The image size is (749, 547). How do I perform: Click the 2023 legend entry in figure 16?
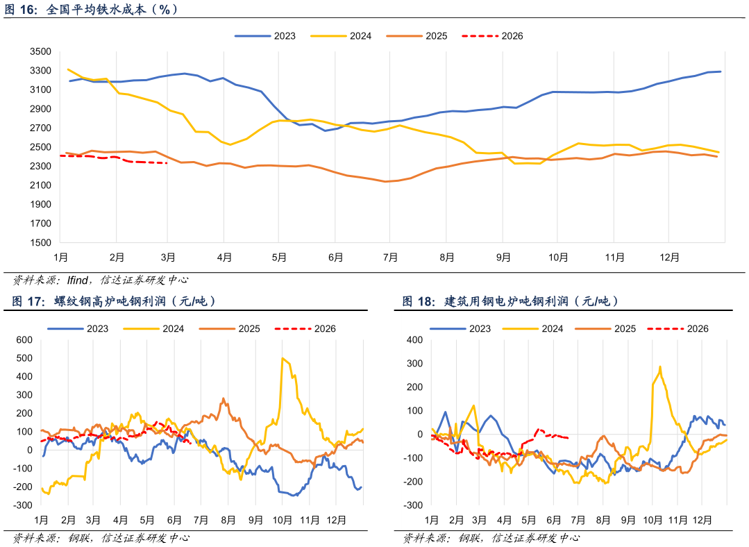click(265, 36)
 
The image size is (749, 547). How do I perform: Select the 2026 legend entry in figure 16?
click(492, 36)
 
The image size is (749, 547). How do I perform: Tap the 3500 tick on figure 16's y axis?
click(40, 51)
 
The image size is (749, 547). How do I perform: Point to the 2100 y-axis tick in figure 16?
click(40, 185)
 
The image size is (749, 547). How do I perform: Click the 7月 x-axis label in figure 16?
click(390, 258)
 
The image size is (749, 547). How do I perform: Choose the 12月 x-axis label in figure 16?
click(669, 258)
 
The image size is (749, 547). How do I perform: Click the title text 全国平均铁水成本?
click(96, 9)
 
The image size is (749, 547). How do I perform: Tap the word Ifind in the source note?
click(77, 280)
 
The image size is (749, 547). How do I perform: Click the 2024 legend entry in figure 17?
click(154, 328)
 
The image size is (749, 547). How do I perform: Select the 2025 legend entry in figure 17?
click(230, 328)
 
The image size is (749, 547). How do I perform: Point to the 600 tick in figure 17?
click(24, 339)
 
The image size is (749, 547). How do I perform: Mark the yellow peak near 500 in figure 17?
click(283, 358)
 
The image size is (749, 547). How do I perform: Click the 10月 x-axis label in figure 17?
click(283, 520)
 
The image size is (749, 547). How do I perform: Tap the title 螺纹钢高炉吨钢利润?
click(110, 301)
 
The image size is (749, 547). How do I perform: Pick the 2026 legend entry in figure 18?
click(678, 328)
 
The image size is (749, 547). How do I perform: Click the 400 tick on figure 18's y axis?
click(414, 339)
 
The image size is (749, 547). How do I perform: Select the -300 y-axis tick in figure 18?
click(413, 505)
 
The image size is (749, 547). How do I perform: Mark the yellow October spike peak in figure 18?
click(659, 367)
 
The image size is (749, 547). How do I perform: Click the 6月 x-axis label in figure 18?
click(553, 520)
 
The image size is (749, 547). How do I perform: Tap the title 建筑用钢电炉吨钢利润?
click(506, 301)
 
